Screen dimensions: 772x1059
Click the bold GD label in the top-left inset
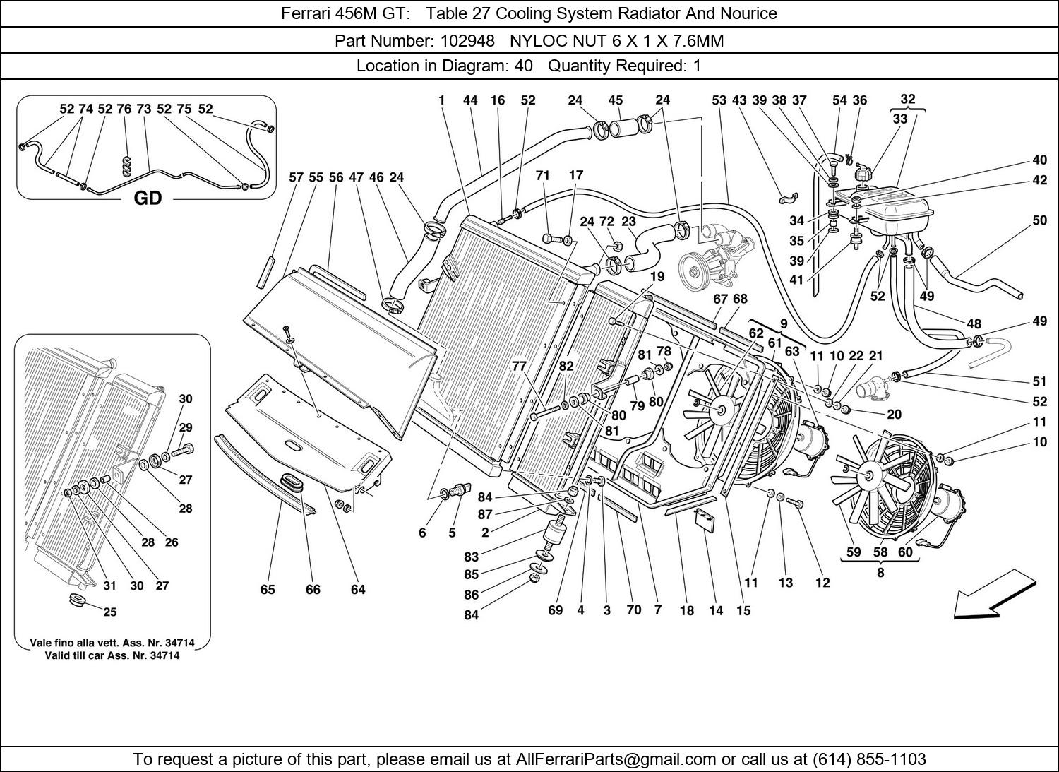[x=148, y=198]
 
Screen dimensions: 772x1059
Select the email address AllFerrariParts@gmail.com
[x=616, y=759]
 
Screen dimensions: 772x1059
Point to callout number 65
[x=268, y=589]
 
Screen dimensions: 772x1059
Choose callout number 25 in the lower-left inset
[x=110, y=612]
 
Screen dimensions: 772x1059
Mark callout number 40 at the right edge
[x=1039, y=160]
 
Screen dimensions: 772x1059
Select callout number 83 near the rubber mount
[x=472, y=557]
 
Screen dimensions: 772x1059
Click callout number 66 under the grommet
[x=313, y=589]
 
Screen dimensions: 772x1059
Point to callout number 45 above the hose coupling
[x=615, y=100]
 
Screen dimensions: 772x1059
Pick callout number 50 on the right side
[x=1039, y=220]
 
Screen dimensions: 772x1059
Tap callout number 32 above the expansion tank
[x=908, y=99]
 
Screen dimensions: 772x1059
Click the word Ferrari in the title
[x=306, y=13]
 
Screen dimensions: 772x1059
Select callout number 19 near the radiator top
[x=657, y=276]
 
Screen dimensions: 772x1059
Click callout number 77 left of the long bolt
[x=520, y=366]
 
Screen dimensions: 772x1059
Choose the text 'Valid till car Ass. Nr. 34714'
[x=112, y=655]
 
